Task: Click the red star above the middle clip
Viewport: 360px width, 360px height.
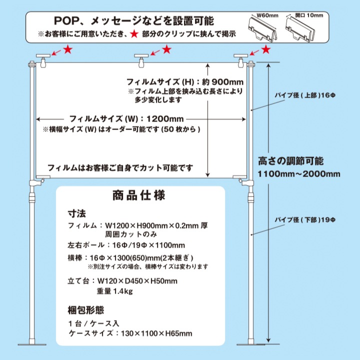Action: [167, 49]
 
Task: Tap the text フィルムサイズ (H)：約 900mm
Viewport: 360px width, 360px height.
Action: [185, 81]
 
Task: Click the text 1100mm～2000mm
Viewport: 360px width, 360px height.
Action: [299, 174]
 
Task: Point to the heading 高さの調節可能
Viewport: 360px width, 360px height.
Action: [290, 161]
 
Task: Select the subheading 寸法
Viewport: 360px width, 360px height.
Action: [76, 213]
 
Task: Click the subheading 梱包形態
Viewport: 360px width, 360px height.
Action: [86, 309]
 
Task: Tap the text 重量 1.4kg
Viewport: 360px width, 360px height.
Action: [114, 291]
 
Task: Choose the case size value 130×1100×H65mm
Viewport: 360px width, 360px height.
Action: [155, 333]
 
